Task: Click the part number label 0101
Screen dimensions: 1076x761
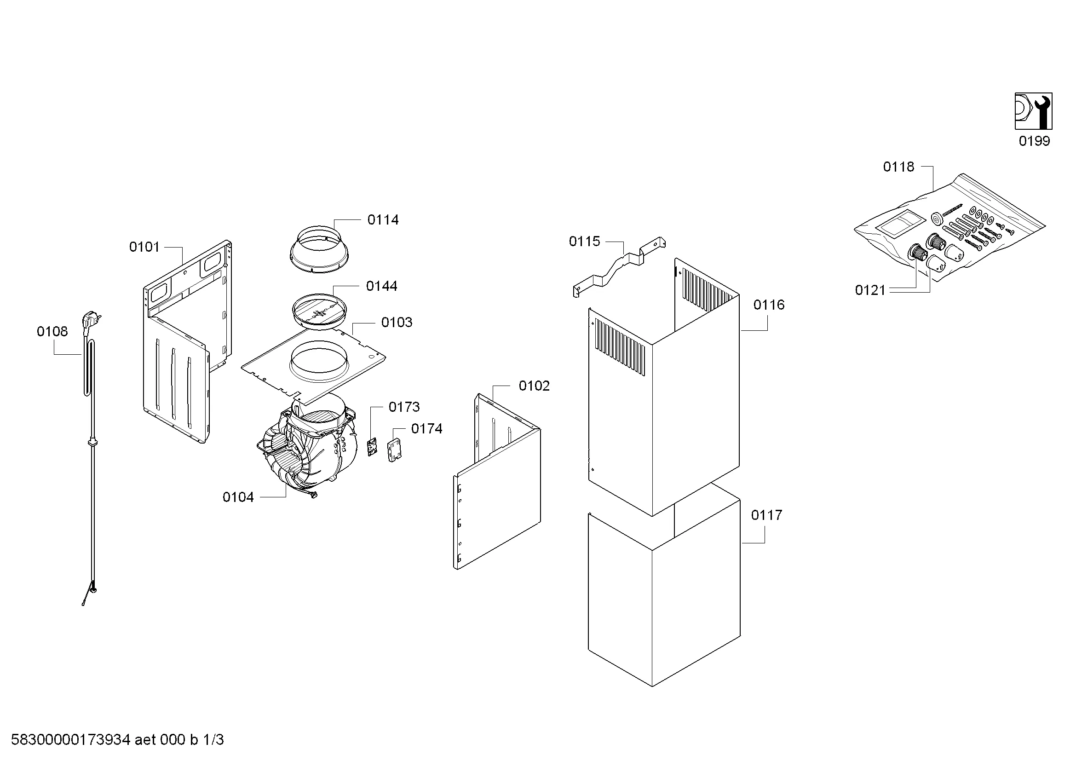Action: click(x=144, y=247)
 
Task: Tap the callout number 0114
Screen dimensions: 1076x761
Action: click(x=383, y=220)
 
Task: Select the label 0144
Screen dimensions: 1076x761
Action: click(x=381, y=286)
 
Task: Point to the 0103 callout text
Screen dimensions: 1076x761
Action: click(x=397, y=323)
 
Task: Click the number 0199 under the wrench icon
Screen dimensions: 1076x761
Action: click(x=1034, y=141)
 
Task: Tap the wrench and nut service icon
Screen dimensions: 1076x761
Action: click(x=1033, y=111)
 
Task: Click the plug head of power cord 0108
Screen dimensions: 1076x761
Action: click(x=91, y=322)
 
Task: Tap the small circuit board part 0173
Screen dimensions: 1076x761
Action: click(x=372, y=447)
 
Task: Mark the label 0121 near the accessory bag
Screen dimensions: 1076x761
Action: click(x=870, y=290)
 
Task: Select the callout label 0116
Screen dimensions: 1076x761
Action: click(x=769, y=305)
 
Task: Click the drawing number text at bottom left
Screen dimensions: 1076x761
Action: click(x=117, y=740)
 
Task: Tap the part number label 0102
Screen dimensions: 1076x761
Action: click(x=534, y=386)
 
